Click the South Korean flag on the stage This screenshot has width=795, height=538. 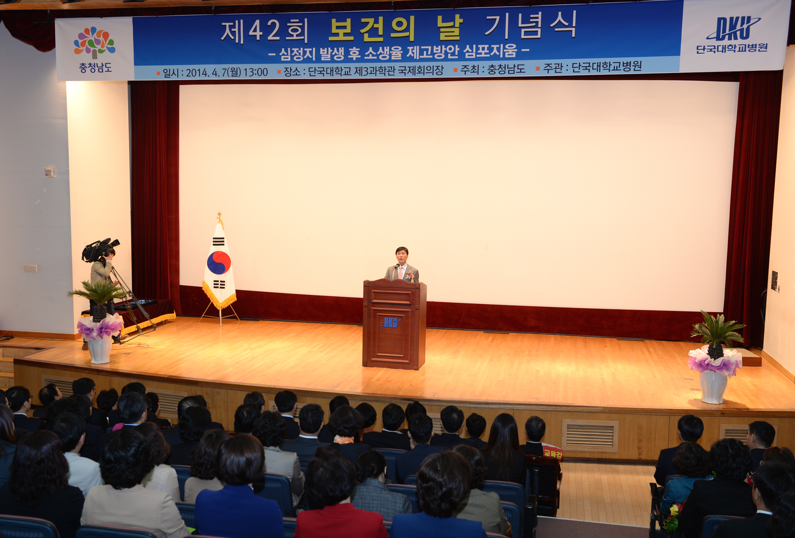pyautogui.click(x=219, y=264)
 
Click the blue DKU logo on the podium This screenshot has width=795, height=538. pyautogui.click(x=390, y=322)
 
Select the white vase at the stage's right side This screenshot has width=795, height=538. pyautogui.click(x=714, y=386)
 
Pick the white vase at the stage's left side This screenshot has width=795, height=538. pyautogui.click(x=99, y=350)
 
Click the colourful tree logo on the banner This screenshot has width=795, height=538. pyautogui.click(x=95, y=42)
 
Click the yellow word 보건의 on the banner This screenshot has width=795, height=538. pyautogui.click(x=372, y=29)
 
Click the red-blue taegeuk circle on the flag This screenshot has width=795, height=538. pyautogui.click(x=219, y=263)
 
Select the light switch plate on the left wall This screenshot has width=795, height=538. pyautogui.click(x=31, y=268)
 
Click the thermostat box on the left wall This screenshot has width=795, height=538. pyautogui.click(x=49, y=172)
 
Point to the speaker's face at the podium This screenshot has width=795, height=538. pyautogui.click(x=401, y=257)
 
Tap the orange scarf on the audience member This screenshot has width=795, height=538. pyautogui.click(x=344, y=439)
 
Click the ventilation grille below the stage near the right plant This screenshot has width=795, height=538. pyautogui.click(x=590, y=435)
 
